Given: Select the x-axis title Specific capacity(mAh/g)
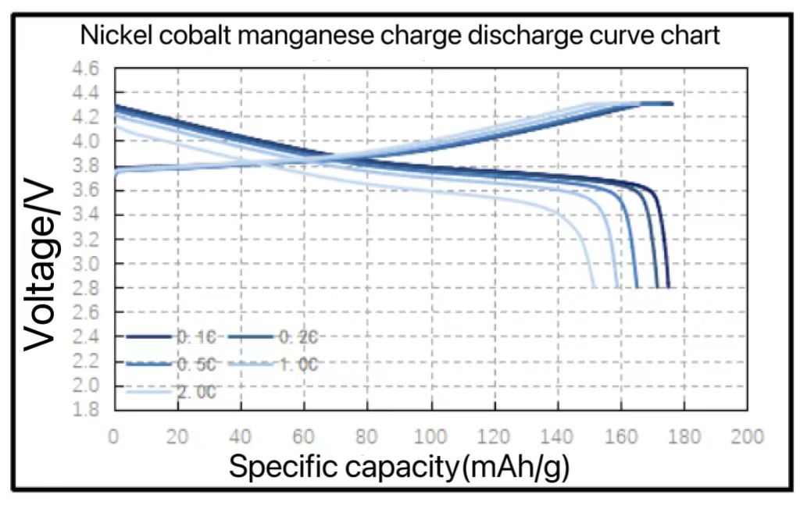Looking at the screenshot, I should pyautogui.click(x=398, y=467).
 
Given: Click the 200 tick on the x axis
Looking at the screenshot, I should pyautogui.click(x=748, y=436).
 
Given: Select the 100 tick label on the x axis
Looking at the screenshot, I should pyautogui.click(x=431, y=436).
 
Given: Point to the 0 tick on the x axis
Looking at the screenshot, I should pyautogui.click(x=115, y=436).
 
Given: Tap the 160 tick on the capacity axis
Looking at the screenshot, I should pyautogui.click(x=621, y=436).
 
